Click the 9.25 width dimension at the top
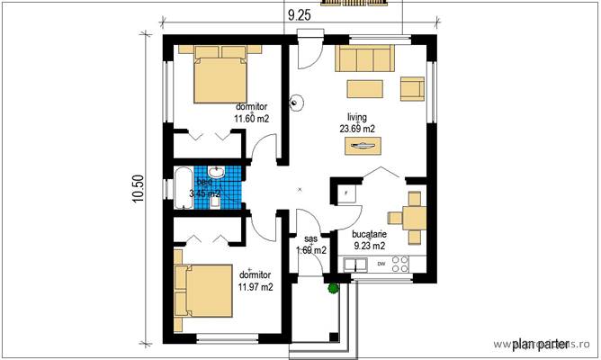coord(300,13)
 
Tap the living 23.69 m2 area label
coord(357,122)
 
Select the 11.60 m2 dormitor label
coord(252,112)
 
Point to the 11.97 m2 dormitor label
coord(255,281)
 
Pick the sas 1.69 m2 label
coord(311,245)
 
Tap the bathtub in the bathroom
coord(181,187)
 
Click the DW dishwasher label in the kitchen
coord(381,264)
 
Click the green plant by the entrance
coord(333,289)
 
